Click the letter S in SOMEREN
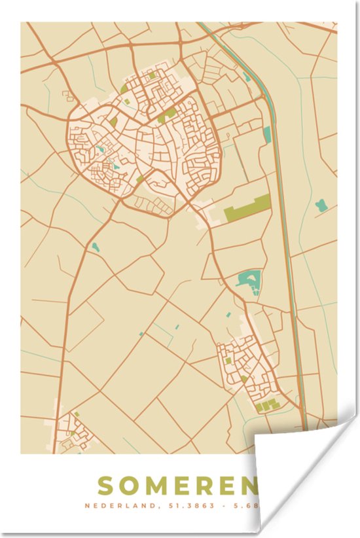point(107,486)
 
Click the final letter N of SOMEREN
point(247,486)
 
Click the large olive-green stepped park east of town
point(247,208)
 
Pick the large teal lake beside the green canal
point(249,281)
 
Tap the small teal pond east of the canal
point(321,206)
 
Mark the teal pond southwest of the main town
point(96,247)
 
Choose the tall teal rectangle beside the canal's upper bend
point(267,134)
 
